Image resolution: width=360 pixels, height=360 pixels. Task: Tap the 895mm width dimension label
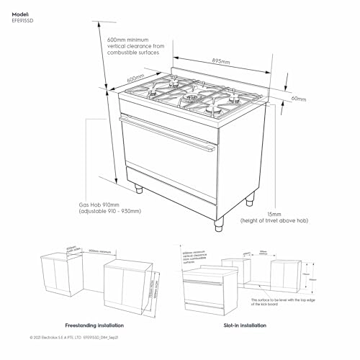coord(221,62)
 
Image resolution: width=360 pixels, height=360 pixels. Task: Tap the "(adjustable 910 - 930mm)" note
coord(109,211)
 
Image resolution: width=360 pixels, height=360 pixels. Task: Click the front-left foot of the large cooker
coord(138,189)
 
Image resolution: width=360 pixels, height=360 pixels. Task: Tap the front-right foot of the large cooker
coord(216,225)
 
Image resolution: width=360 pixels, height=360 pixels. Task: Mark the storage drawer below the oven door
coord(171,189)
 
